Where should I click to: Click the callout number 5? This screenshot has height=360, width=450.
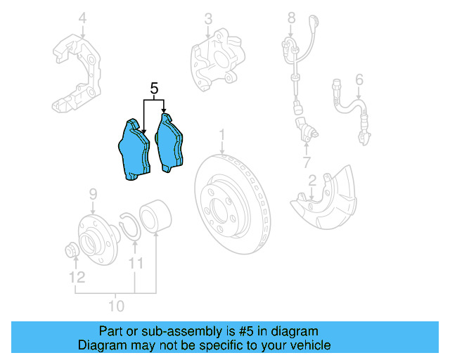tap(155, 89)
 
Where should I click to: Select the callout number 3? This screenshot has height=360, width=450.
tap(207, 18)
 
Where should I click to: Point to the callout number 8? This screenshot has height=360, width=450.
tap(291, 17)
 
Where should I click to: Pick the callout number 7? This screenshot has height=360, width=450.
tap(307, 163)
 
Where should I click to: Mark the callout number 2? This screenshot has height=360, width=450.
tap(312, 181)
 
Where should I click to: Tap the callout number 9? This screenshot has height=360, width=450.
tap(92, 194)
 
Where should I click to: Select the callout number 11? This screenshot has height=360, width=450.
tap(136, 263)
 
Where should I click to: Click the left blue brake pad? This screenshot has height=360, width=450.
tap(134, 149)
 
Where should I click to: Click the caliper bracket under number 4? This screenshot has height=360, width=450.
tap(79, 70)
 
